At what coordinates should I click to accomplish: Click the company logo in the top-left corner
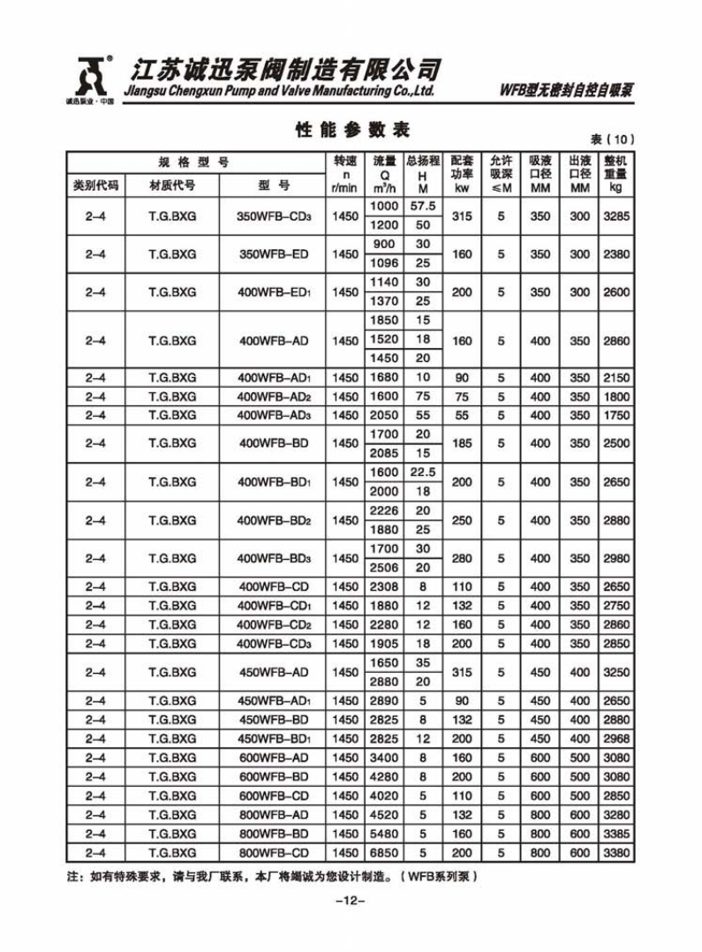[91, 77]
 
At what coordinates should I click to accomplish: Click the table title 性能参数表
[352, 130]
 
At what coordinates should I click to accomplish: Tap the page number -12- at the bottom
[351, 901]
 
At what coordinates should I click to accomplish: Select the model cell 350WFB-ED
[274, 254]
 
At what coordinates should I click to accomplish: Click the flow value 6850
[384, 853]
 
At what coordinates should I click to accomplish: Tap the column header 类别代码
[95, 185]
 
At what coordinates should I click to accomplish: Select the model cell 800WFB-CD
[274, 853]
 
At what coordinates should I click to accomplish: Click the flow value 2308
[384, 586]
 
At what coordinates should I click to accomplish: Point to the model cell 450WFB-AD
[274, 672]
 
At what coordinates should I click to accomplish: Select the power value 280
[462, 558]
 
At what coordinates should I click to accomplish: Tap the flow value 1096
[384, 263]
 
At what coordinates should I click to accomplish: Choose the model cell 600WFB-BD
[274, 777]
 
